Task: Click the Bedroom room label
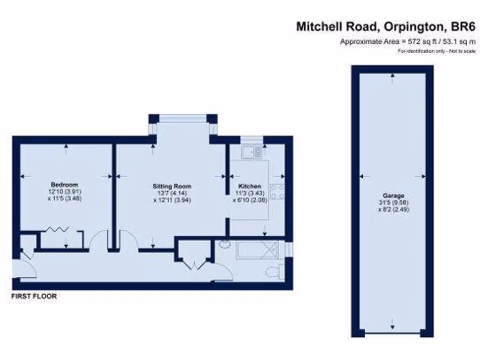pyautogui.click(x=64, y=184)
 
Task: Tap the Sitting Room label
pyautogui.click(x=172, y=186)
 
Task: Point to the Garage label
pyautogui.click(x=393, y=195)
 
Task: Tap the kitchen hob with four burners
pyautogui.click(x=276, y=192)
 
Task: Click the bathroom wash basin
pyautogui.click(x=224, y=244)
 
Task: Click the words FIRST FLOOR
pyautogui.click(x=34, y=296)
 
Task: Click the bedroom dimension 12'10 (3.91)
pyautogui.click(x=64, y=191)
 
